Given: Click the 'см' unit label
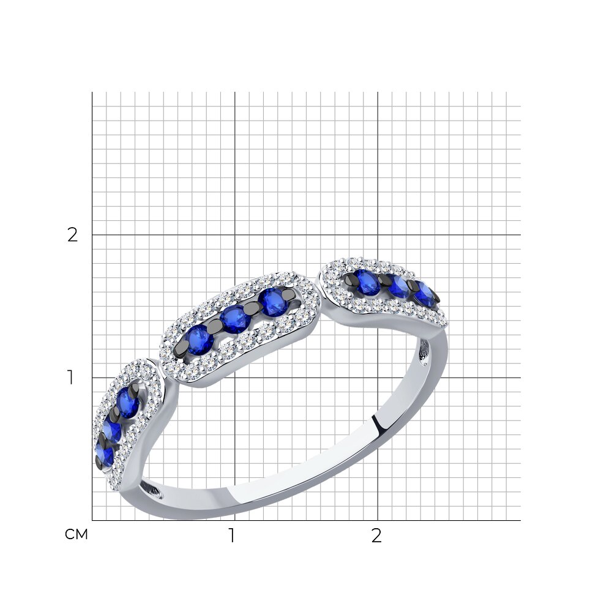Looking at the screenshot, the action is pos(76,534).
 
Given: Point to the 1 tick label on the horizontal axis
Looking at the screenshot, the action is pos(232,536).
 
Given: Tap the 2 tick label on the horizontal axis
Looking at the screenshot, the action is pos(376,536).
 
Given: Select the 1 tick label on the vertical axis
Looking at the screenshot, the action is pos(70,378).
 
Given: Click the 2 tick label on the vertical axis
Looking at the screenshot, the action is pos(73,235).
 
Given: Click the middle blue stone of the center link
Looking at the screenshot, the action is pos(235,319).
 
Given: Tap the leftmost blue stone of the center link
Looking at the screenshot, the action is pos(200,340).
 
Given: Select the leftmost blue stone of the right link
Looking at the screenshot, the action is pos(366,282).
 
